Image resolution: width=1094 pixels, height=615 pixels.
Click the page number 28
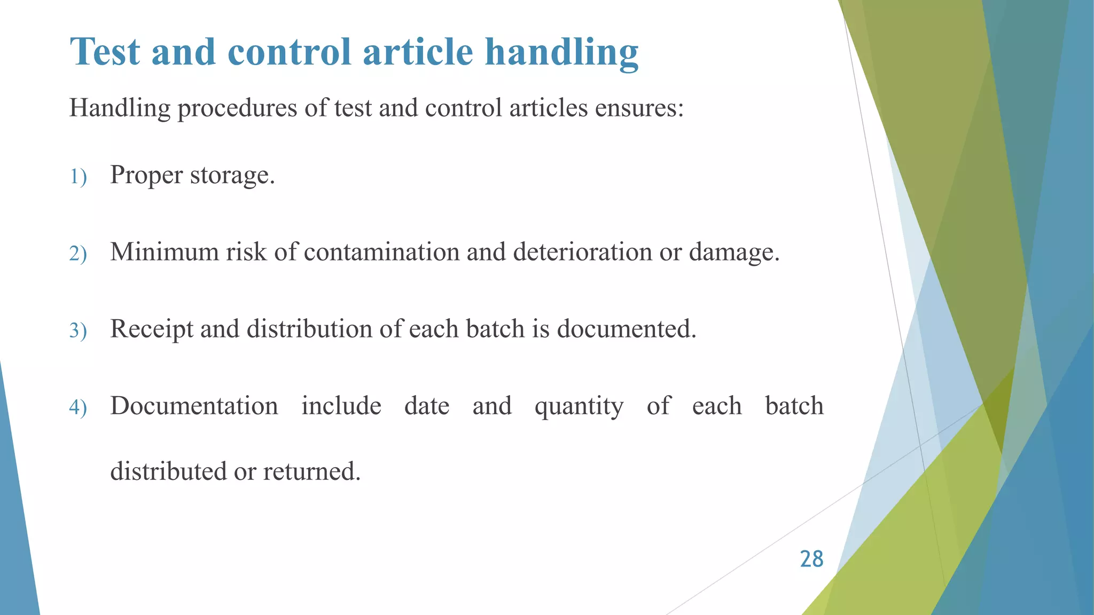(811, 559)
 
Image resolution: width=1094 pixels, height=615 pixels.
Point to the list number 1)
(78, 176)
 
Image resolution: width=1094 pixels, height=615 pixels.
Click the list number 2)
(78, 253)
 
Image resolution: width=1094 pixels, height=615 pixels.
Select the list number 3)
(78, 330)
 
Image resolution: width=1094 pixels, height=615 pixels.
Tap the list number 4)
(78, 407)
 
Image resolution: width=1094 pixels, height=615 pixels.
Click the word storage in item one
(231, 175)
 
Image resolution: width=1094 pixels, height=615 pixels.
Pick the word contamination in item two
(381, 251)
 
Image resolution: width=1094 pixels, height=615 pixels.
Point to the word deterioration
(582, 251)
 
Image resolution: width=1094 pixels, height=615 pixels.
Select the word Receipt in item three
(152, 329)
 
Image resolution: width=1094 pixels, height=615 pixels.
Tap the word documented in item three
(626, 329)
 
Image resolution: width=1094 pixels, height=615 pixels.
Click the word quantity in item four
(579, 406)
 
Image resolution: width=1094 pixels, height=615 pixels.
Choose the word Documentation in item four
(194, 406)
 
